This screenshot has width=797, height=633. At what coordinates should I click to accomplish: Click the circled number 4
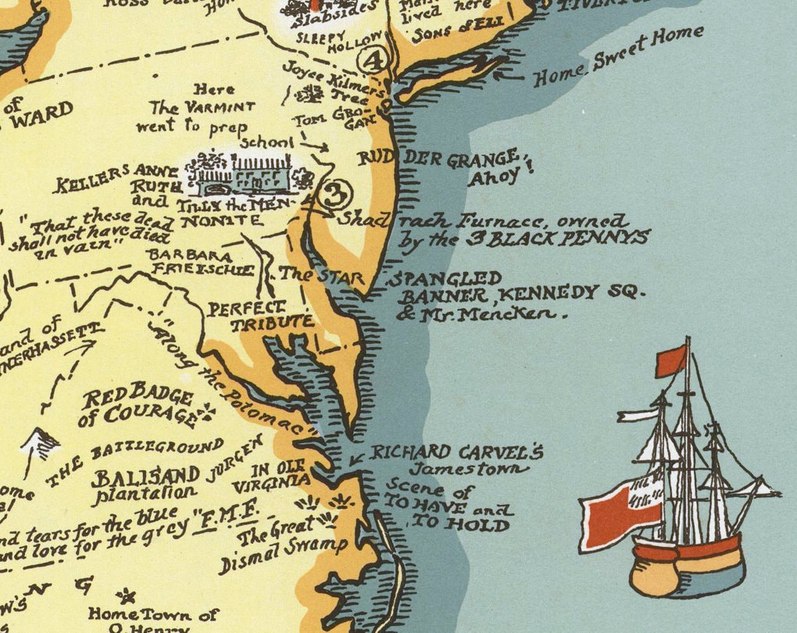374,59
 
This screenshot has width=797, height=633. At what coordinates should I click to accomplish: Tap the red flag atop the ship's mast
671,360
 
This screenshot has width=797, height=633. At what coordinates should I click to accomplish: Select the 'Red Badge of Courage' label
139,403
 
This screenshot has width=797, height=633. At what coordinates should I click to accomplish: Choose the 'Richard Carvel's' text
456,452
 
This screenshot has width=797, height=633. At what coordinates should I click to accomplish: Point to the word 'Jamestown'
470,470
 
